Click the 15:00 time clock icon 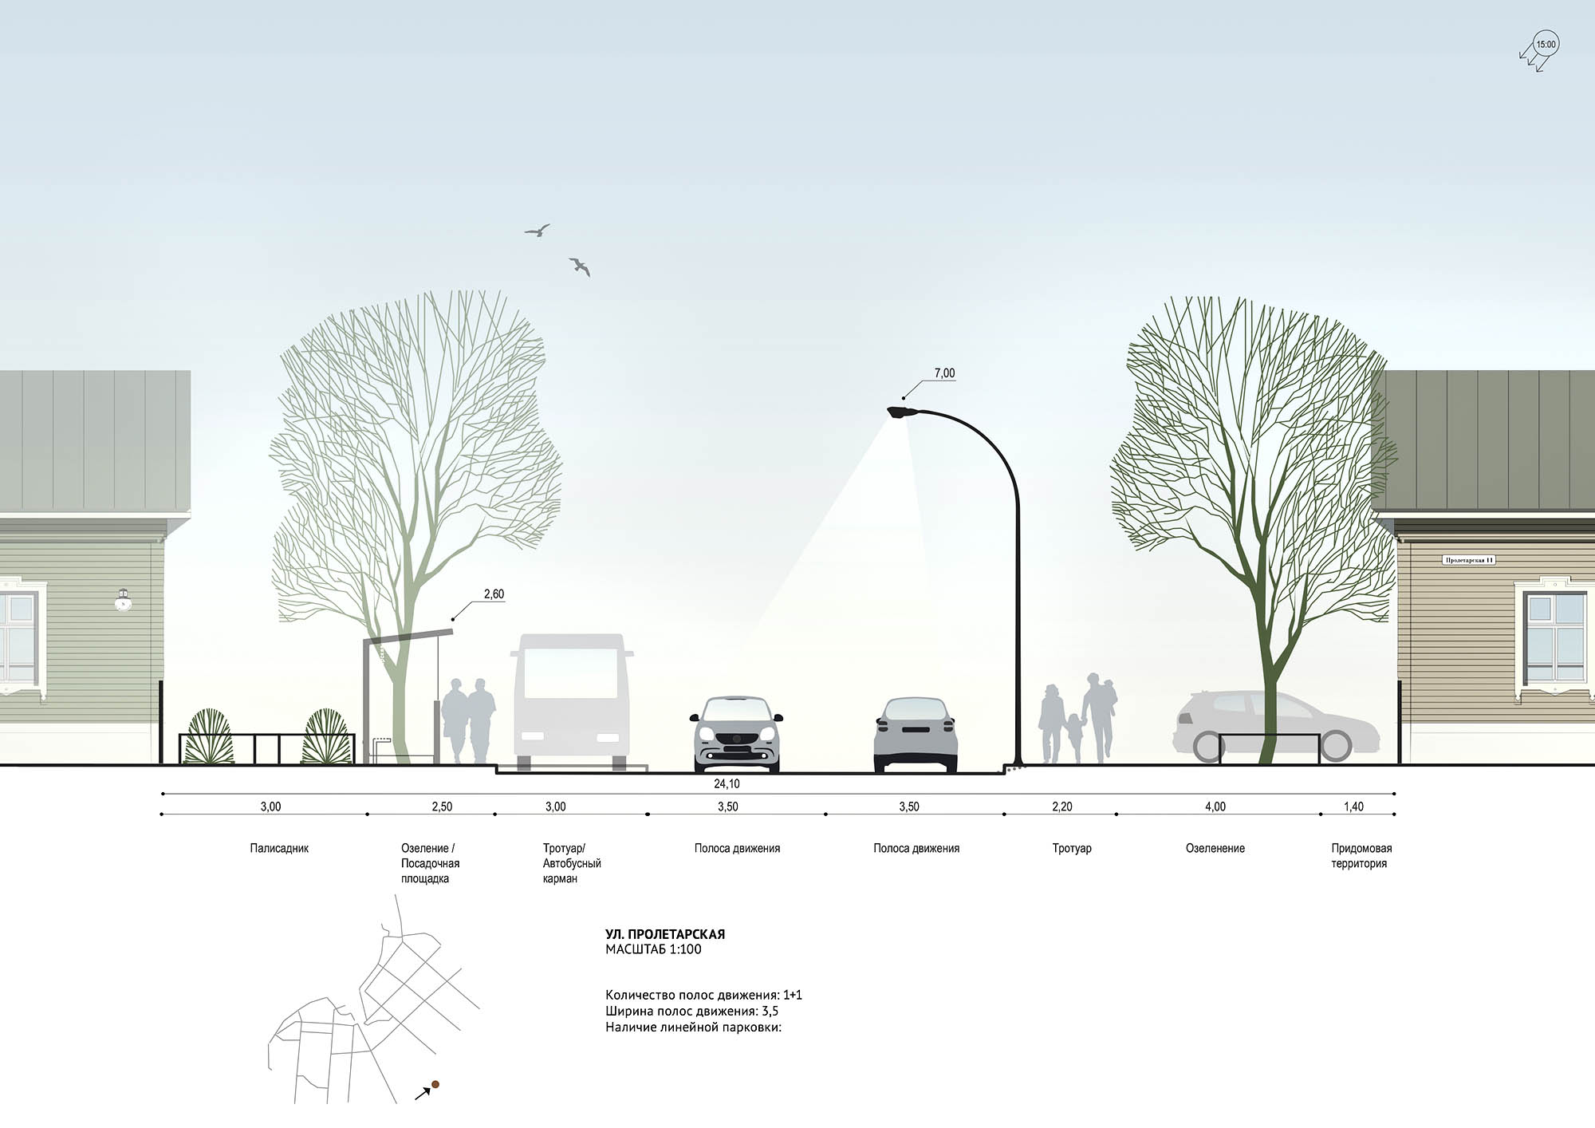1546,45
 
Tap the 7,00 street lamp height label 944,373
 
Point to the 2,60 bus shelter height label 494,594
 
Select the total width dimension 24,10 727,784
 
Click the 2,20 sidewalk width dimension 1061,807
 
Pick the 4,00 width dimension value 1215,807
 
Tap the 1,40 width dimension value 1353,807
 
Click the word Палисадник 279,849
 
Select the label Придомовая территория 1361,856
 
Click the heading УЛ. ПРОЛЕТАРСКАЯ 665,934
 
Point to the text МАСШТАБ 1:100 653,949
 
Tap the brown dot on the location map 435,1085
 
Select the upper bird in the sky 538,231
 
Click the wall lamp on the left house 123,601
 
